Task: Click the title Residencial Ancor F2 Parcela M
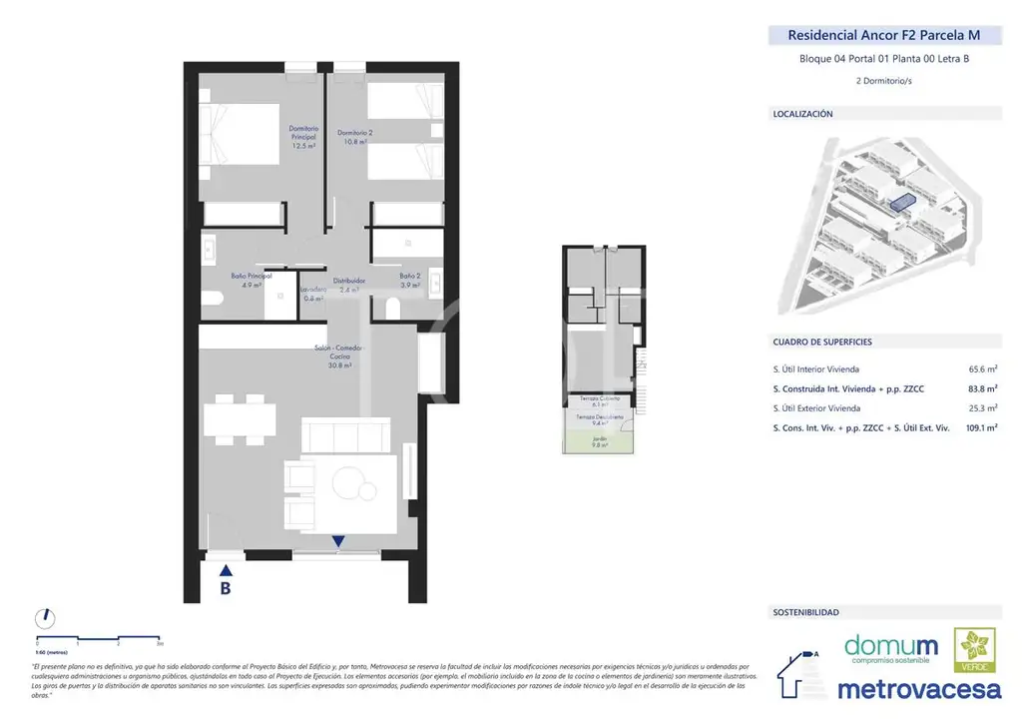(883, 35)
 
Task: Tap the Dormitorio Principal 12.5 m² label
(303, 137)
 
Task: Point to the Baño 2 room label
(409, 281)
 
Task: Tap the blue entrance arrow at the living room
(338, 542)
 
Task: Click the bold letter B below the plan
(226, 589)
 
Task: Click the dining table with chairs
(239, 418)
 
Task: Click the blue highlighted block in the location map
(900, 203)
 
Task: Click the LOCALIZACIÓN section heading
(802, 115)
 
